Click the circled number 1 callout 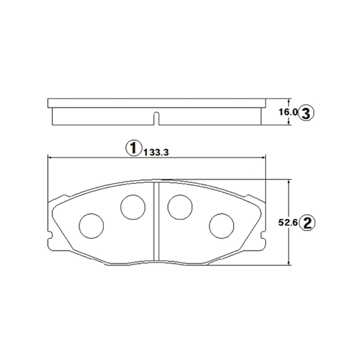(133, 148)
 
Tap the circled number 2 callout (307, 223)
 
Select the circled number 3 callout (306, 113)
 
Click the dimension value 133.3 (156, 152)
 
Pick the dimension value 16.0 (288, 112)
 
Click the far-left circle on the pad (91, 226)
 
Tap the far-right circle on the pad (221, 226)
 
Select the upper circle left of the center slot (133, 207)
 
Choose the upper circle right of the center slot (180, 207)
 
